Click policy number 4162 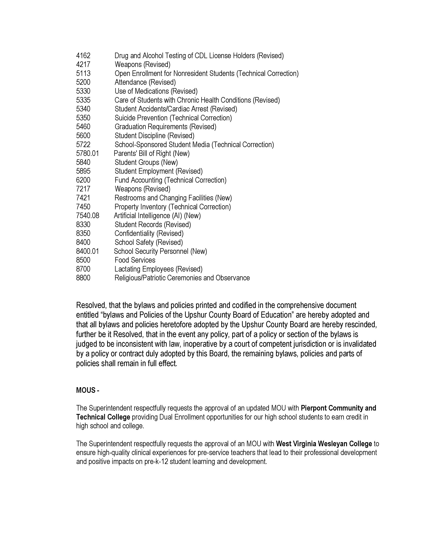[83, 56]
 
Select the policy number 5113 [83, 74]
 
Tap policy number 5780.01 [87, 154]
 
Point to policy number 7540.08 [88, 216]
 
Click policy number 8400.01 [87, 251]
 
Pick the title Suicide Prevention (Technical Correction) [173, 118]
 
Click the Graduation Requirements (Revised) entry [165, 127]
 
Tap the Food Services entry [135, 260]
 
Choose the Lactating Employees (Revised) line [158, 269]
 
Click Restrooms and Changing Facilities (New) [173, 198]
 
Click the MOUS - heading [88, 390]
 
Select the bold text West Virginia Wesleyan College [324, 444]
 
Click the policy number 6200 [83, 180]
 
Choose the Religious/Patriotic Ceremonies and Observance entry [182, 278]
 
